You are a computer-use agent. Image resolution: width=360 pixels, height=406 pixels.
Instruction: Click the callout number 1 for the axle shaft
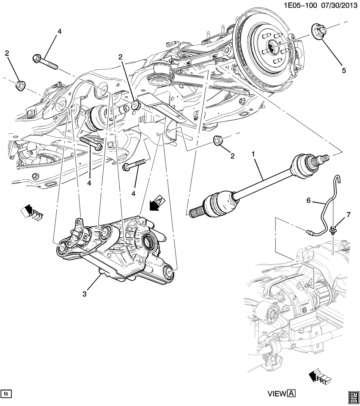[254, 155]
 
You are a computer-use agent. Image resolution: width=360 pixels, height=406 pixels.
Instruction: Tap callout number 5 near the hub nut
[344, 70]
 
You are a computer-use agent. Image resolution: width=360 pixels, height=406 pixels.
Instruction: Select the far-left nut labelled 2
[19, 85]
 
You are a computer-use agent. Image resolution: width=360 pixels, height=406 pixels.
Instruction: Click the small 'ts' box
[6, 393]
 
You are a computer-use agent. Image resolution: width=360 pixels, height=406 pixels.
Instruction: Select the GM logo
[353, 395]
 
